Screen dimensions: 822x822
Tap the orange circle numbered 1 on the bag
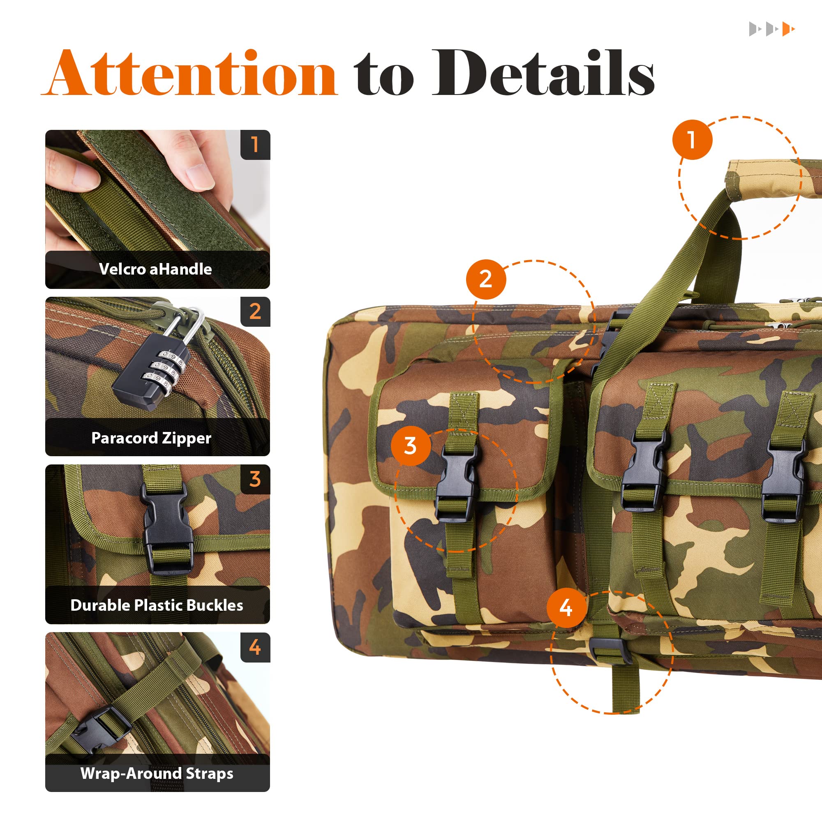[x=692, y=140]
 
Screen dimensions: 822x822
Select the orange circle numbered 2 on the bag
[x=486, y=279]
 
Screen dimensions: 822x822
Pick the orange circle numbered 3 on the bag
[x=410, y=446]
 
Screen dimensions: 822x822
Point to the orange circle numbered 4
[x=566, y=608]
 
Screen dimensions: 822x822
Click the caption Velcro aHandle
[x=155, y=269]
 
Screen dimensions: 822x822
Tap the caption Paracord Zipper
[x=152, y=438]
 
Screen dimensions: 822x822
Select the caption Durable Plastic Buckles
[x=157, y=605]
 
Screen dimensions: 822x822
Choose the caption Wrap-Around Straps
[x=157, y=773]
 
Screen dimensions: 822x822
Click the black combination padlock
[x=149, y=374]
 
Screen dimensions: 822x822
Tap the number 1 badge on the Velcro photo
[x=255, y=145]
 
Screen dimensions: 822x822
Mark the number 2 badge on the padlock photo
[x=255, y=312]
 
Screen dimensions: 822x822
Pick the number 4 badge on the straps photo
[x=255, y=647]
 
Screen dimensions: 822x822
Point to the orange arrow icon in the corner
[x=788, y=29]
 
